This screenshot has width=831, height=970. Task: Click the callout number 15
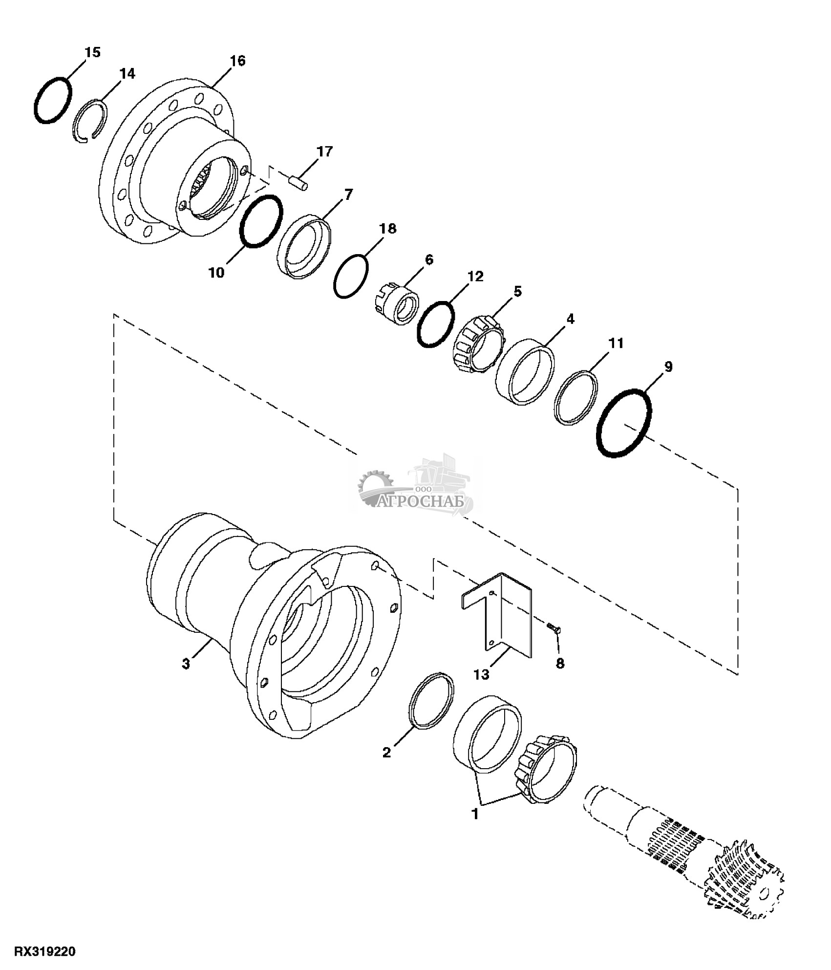(92, 52)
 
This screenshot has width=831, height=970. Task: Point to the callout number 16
(238, 61)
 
